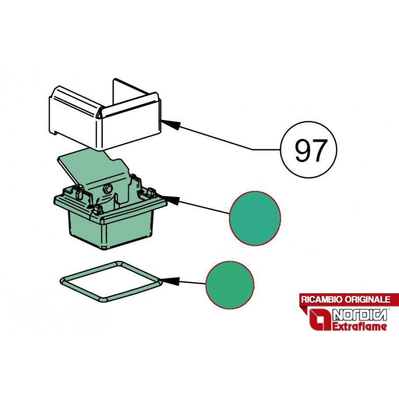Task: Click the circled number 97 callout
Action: click(x=308, y=150)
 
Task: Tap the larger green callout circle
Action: click(x=255, y=218)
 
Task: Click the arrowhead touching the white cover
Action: click(x=171, y=125)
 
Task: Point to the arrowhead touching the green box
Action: click(x=170, y=200)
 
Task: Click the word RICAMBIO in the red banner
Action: click(x=321, y=299)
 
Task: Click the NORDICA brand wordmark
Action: click(x=360, y=315)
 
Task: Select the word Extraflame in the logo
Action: click(x=360, y=327)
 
